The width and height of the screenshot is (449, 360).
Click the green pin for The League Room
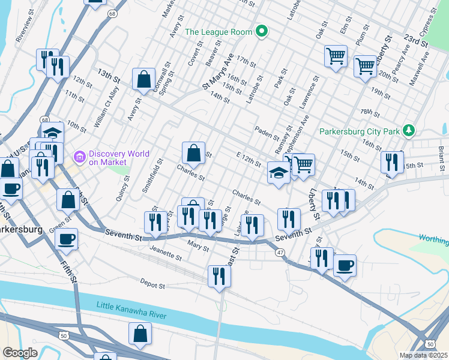point(261,31)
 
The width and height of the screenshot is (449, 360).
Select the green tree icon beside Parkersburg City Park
point(409,130)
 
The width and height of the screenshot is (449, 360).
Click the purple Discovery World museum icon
point(79,157)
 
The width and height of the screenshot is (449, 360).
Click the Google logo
point(20,353)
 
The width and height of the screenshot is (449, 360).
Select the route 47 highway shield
point(280,254)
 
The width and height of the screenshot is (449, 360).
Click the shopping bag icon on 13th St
point(144,79)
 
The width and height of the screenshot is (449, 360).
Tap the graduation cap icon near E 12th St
point(279,173)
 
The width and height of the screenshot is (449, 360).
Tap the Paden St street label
point(267,132)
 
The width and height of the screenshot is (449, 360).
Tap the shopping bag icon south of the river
point(140,334)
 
